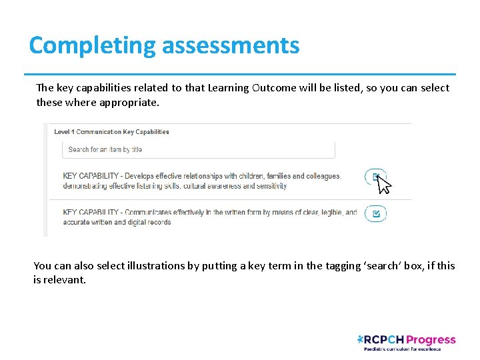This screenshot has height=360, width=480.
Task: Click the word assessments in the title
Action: [x=231, y=46]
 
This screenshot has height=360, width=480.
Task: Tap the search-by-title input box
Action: [x=198, y=150]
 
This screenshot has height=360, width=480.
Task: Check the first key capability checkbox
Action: [x=375, y=177]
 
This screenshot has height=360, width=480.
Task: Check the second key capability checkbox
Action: [x=375, y=214]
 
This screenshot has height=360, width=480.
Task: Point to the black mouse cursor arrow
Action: [x=383, y=183]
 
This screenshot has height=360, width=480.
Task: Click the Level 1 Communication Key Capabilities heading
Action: [x=111, y=132]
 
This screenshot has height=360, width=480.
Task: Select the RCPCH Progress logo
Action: [x=406, y=342]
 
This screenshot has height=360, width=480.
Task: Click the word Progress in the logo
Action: [x=431, y=340]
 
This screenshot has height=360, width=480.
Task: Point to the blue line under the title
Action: [x=240, y=74]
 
